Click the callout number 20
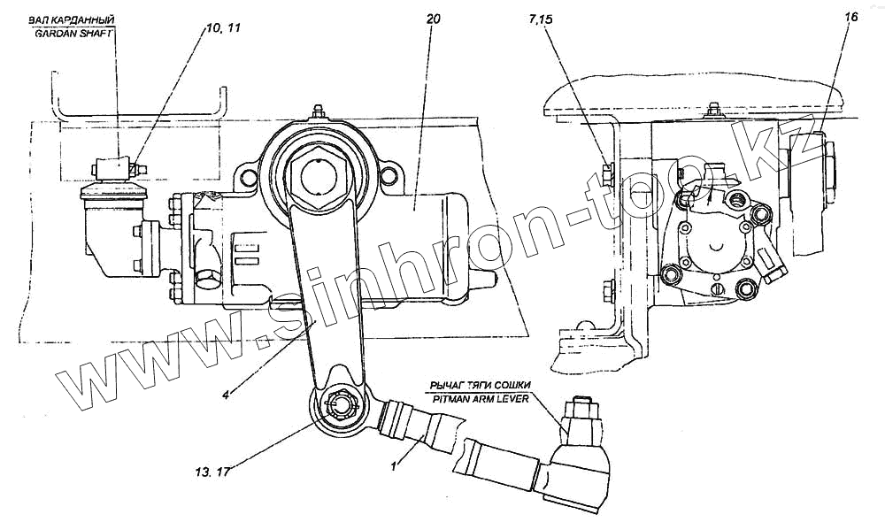431,19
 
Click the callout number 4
227,395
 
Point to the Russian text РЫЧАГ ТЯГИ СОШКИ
481,385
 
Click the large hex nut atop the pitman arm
319,169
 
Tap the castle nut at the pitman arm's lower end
341,406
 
